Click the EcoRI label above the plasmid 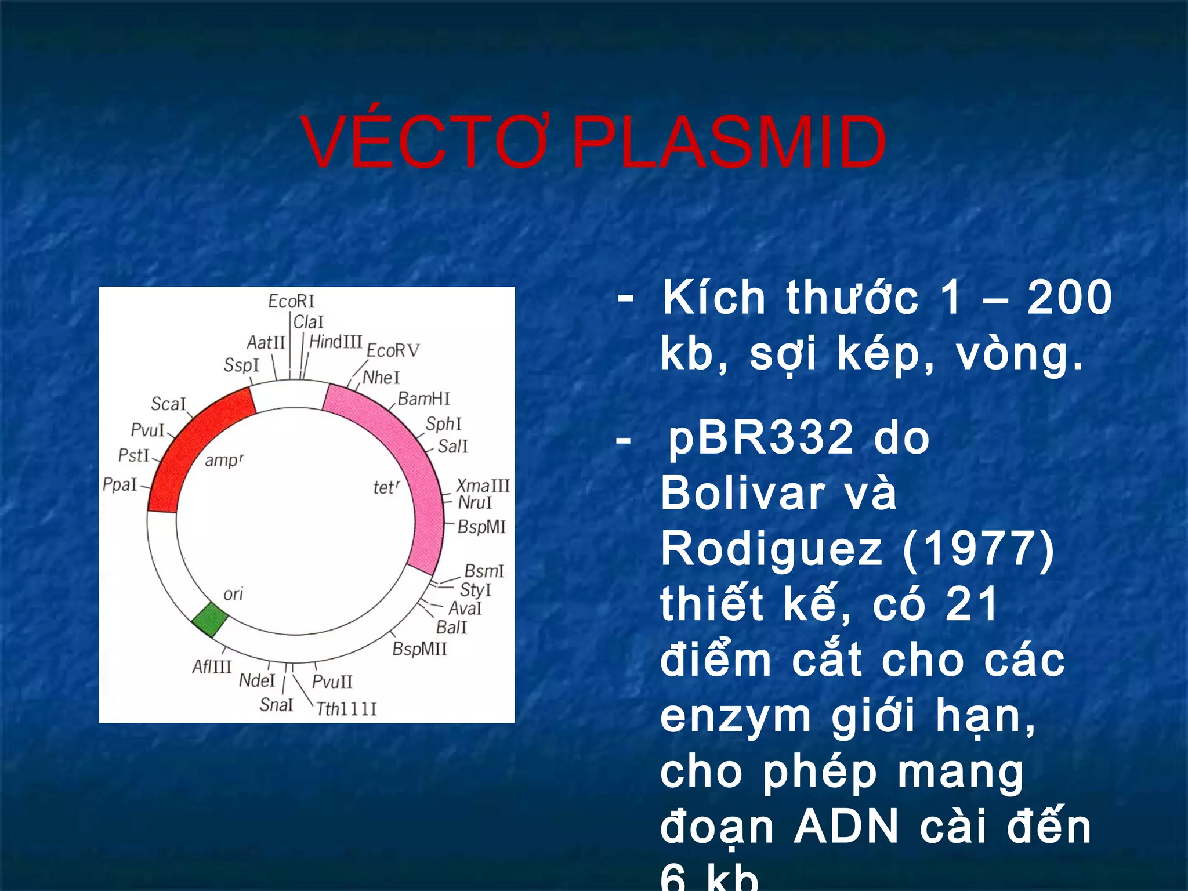pyautogui.click(x=291, y=301)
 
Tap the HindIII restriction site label pyautogui.click(x=335, y=342)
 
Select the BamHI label pyautogui.click(x=423, y=399)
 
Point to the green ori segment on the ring pyautogui.click(x=209, y=620)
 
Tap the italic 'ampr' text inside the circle pyautogui.click(x=224, y=461)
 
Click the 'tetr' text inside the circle pyautogui.click(x=386, y=487)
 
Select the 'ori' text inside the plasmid pyautogui.click(x=233, y=594)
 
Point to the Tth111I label pyautogui.click(x=346, y=709)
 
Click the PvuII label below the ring pyautogui.click(x=332, y=682)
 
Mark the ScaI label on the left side pyautogui.click(x=168, y=404)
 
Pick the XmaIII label pyautogui.click(x=483, y=486)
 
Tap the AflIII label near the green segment pyautogui.click(x=212, y=667)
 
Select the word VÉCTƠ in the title pyautogui.click(x=423, y=143)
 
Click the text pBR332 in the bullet pyautogui.click(x=760, y=438)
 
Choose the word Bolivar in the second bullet pyautogui.click(x=742, y=494)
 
